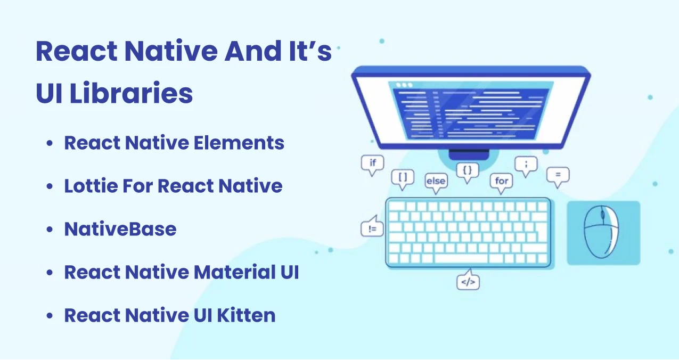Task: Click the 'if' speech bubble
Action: pyautogui.click(x=372, y=163)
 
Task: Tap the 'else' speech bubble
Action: pyautogui.click(x=435, y=181)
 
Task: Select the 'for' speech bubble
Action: pyautogui.click(x=502, y=181)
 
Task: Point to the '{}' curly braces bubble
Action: pyautogui.click(x=468, y=170)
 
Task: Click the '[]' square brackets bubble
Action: pyautogui.click(x=403, y=177)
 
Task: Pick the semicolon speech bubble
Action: pyautogui.click(x=526, y=165)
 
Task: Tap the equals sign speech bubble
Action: pyautogui.click(x=558, y=175)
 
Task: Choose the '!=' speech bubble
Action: pyautogui.click(x=372, y=229)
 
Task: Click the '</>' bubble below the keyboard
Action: pyautogui.click(x=468, y=282)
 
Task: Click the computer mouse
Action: pyautogui.click(x=602, y=233)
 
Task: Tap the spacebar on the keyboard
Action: pyautogui.click(x=461, y=259)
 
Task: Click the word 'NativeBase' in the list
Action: pyautogui.click(x=120, y=229)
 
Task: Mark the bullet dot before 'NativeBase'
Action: pyautogui.click(x=50, y=230)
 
